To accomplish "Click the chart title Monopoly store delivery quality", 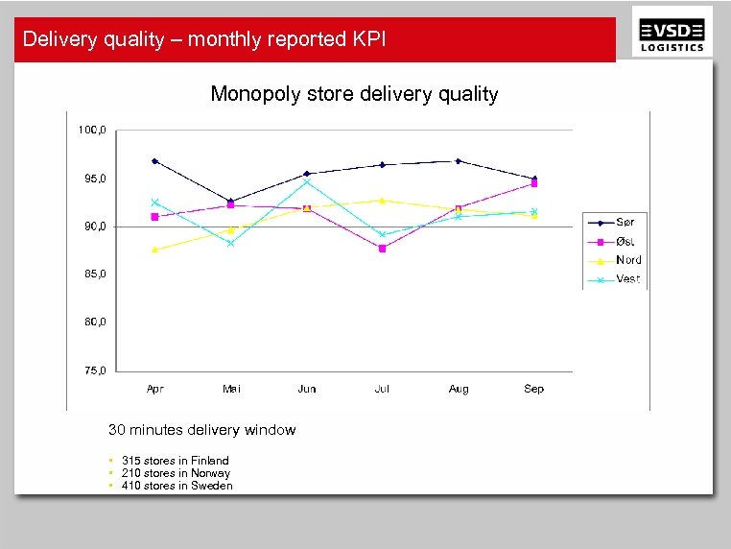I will pyautogui.click(x=354, y=94).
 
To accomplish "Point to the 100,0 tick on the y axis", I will pyautogui.click(x=91, y=130).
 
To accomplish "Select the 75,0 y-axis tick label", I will pyautogui.click(x=91, y=370).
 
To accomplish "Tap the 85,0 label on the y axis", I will pyautogui.click(x=91, y=274).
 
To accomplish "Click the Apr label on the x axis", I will pyautogui.click(x=154, y=389).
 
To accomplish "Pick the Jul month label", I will pyautogui.click(x=382, y=389).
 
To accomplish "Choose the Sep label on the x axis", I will pyautogui.click(x=533, y=389).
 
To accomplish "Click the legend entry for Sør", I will pyautogui.click(x=625, y=223).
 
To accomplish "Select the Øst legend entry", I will pyautogui.click(x=625, y=242).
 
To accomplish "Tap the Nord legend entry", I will pyautogui.click(x=628, y=260).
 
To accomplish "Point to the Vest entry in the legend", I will pyautogui.click(x=627, y=279).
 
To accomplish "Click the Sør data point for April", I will pyautogui.click(x=154, y=161).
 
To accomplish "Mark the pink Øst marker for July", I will pyautogui.click(x=382, y=249).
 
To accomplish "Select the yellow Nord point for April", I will pyautogui.click(x=154, y=250).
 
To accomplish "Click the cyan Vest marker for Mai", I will pyautogui.click(x=230, y=243).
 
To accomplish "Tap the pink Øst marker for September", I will pyautogui.click(x=533, y=183).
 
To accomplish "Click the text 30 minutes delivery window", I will pyautogui.click(x=201, y=430).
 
